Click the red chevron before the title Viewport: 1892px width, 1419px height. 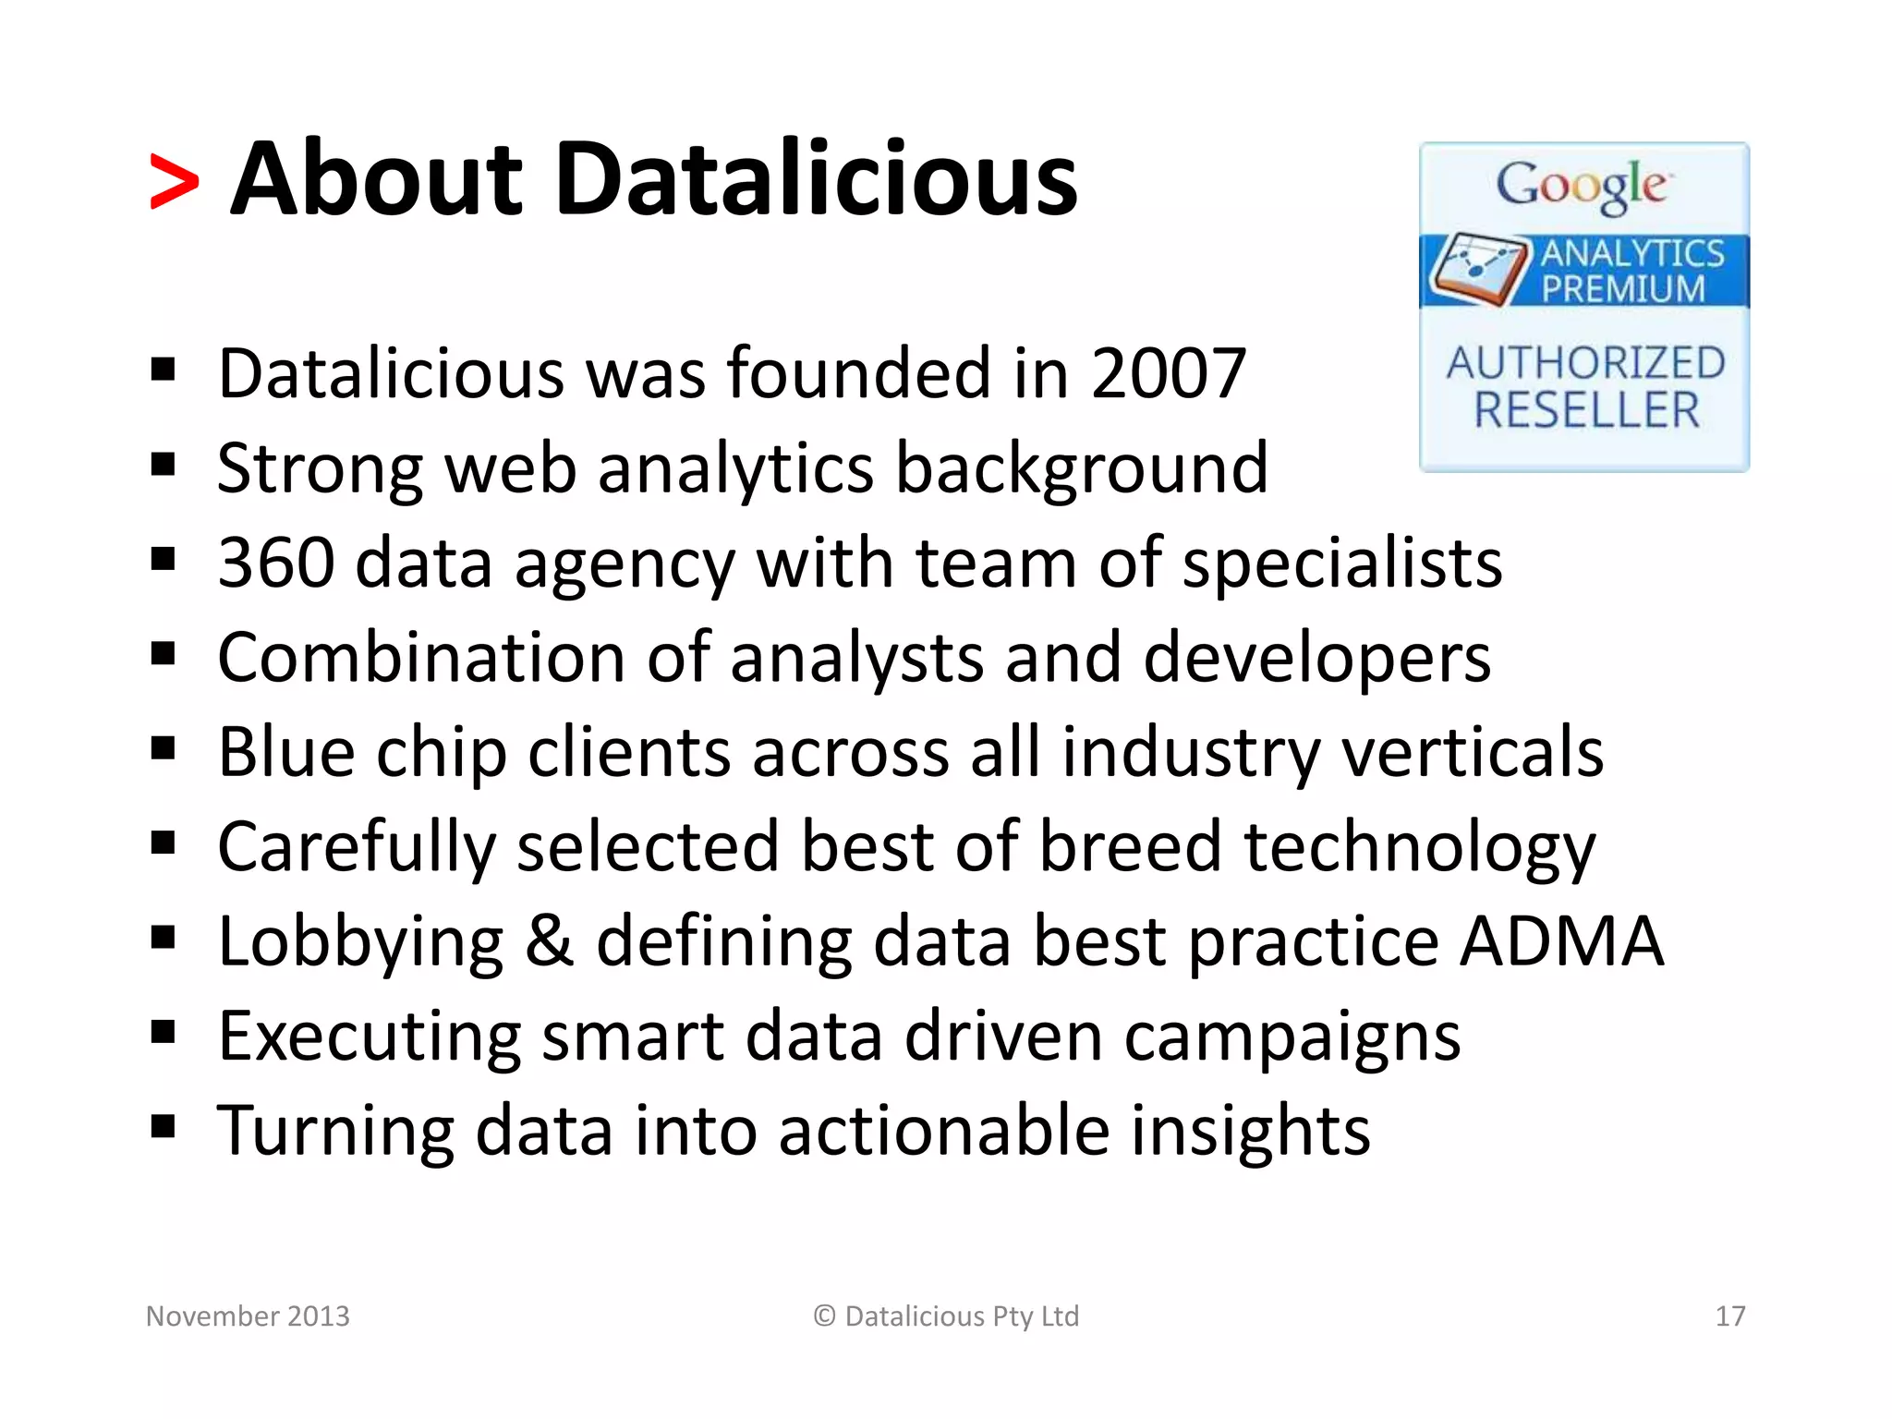(174, 183)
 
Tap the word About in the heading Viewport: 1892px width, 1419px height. (377, 179)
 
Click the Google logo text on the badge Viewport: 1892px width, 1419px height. (1583, 186)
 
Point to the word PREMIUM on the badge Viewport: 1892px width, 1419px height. (1622, 289)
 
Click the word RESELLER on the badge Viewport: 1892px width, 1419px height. (1586, 410)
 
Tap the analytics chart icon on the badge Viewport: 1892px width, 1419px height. (1476, 268)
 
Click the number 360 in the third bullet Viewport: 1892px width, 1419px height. (275, 563)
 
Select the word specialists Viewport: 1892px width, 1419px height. (1342, 564)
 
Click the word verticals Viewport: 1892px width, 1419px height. (1473, 752)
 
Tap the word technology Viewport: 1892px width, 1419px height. (1420, 848)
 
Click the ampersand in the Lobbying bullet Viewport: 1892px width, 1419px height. (549, 941)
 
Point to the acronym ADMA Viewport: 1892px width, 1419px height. (1562, 941)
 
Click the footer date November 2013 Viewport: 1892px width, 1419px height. (248, 1316)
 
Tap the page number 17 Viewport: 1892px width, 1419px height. (1729, 1316)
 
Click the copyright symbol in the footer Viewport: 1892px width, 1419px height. (824, 1316)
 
